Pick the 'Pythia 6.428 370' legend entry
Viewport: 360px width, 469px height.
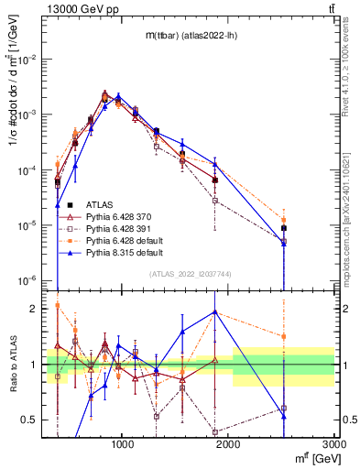pos(115,216)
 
